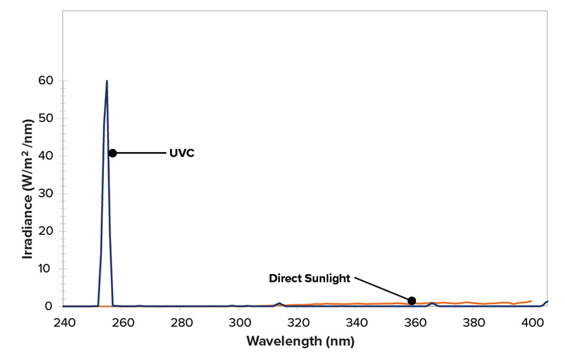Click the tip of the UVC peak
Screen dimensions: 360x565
click(x=107, y=81)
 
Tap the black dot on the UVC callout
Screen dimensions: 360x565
click(x=112, y=153)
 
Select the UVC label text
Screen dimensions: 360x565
click(x=182, y=153)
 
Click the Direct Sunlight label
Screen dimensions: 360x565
click(x=309, y=279)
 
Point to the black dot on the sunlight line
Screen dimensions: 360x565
click(x=412, y=301)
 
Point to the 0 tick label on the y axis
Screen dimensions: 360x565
click(x=48, y=306)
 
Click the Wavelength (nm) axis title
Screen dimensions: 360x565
click(x=300, y=341)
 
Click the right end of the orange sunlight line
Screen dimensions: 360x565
click(x=531, y=301)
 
